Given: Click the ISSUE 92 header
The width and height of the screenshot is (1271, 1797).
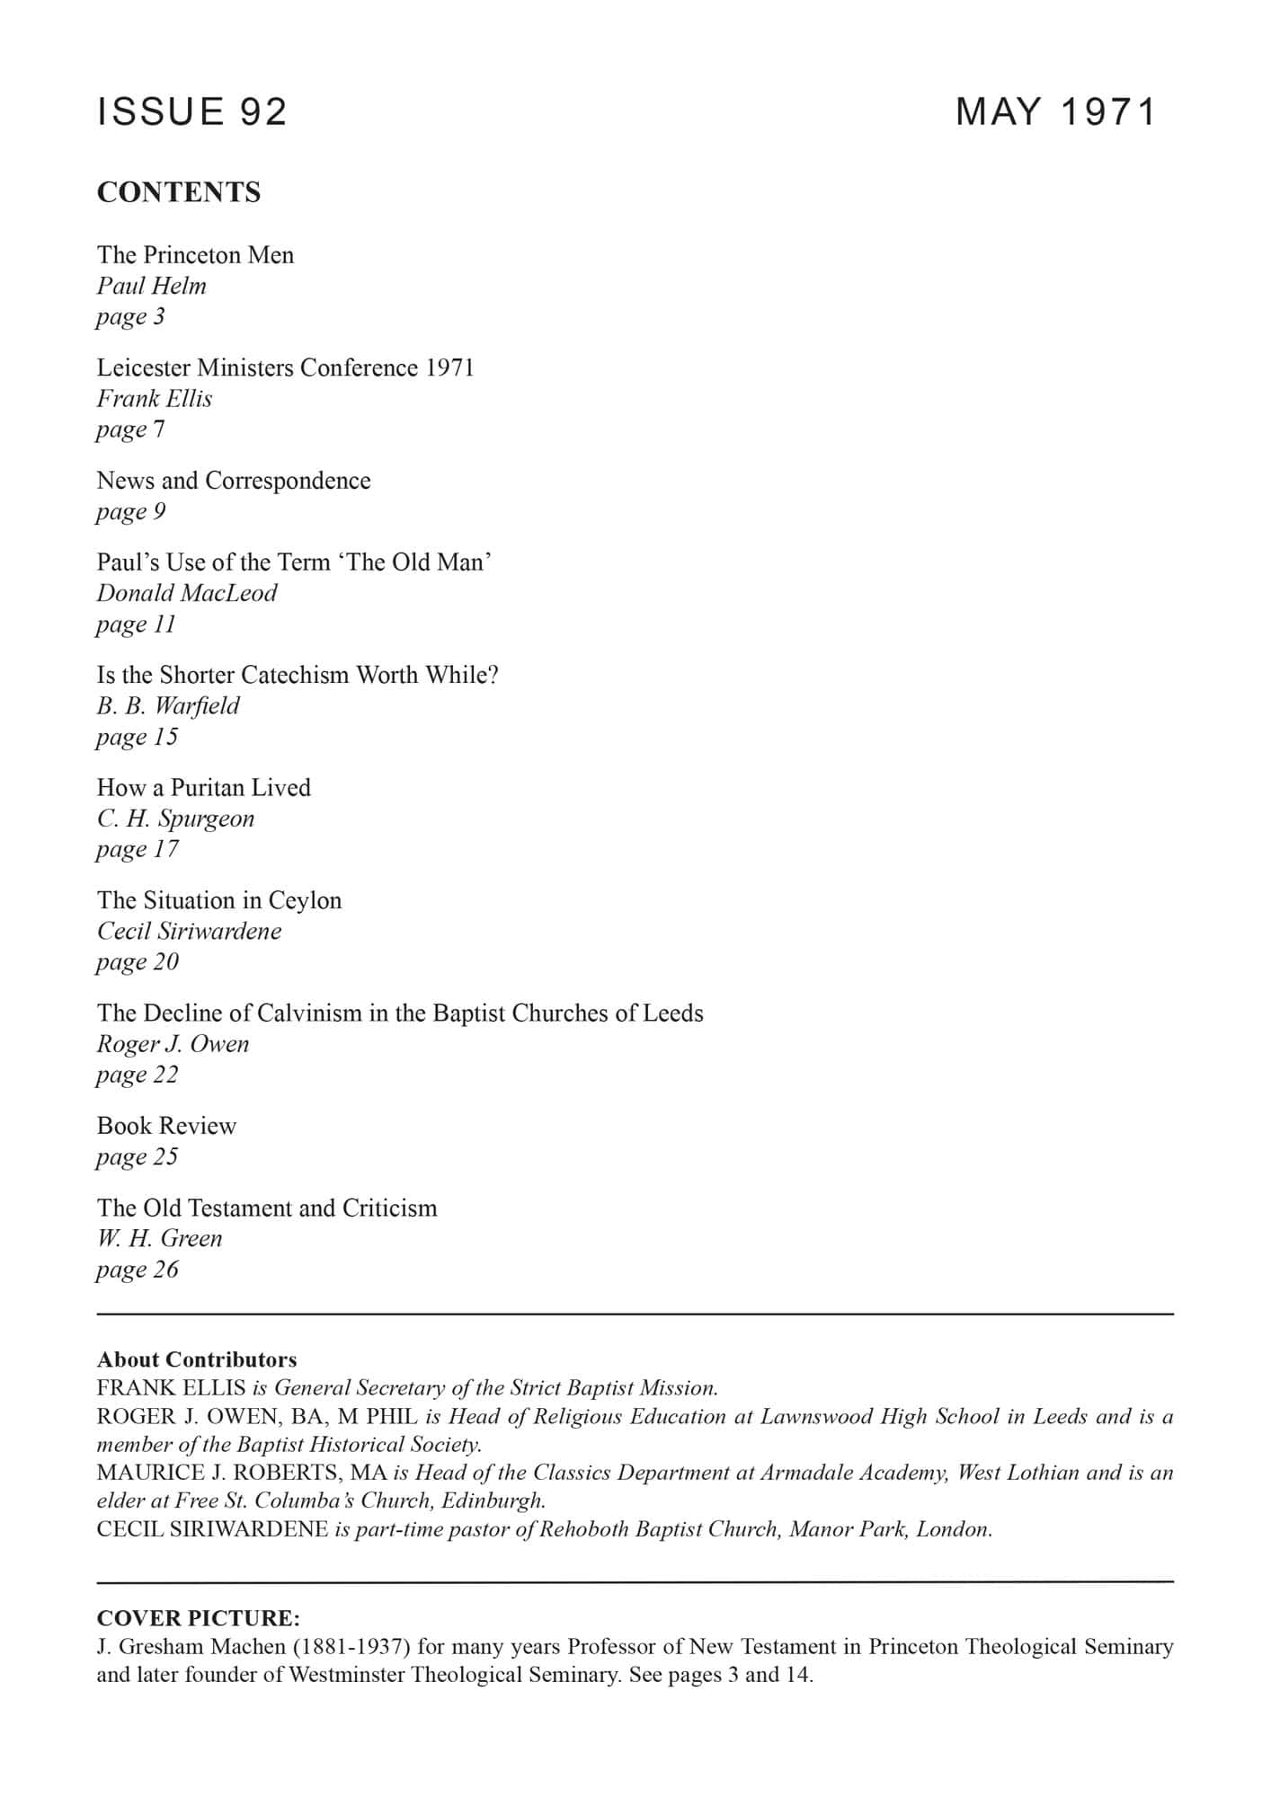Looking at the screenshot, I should pyautogui.click(x=191, y=111).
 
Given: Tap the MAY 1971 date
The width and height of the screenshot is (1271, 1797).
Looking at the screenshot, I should pyautogui.click(x=1056, y=111).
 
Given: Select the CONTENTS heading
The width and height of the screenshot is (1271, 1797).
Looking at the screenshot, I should pyautogui.click(x=179, y=192).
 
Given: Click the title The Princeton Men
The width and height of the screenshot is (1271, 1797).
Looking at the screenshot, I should pyautogui.click(x=195, y=255).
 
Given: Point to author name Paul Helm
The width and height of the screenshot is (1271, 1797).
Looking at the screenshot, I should pyautogui.click(x=152, y=286).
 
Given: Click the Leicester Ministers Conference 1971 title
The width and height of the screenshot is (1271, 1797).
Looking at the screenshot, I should pyautogui.click(x=285, y=367).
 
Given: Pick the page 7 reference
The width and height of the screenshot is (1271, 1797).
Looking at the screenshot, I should pyautogui.click(x=130, y=429).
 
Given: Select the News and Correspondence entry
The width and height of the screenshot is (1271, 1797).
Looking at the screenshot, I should pyautogui.click(x=234, y=481).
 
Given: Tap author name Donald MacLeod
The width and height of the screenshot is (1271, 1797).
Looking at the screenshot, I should pyautogui.click(x=187, y=593).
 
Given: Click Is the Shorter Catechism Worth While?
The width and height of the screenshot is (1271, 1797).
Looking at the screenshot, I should pyautogui.click(x=298, y=675).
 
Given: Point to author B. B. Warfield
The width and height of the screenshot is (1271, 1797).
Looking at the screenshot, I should pyautogui.click(x=168, y=706).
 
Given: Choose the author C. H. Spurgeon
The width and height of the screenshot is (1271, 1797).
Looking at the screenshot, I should pyautogui.click(x=175, y=819).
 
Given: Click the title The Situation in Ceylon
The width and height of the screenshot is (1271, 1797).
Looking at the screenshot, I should pyautogui.click(x=219, y=900).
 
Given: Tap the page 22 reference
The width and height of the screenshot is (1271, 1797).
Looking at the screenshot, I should pyautogui.click(x=138, y=1075).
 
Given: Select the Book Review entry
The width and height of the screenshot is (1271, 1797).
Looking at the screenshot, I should pyautogui.click(x=166, y=1126).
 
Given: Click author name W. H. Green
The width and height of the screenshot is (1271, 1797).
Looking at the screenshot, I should pyautogui.click(x=159, y=1238).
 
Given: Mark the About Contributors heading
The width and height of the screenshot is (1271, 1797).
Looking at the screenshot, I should pyautogui.click(x=197, y=1359).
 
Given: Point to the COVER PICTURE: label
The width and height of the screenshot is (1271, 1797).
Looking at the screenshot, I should pyautogui.click(x=199, y=1618).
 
